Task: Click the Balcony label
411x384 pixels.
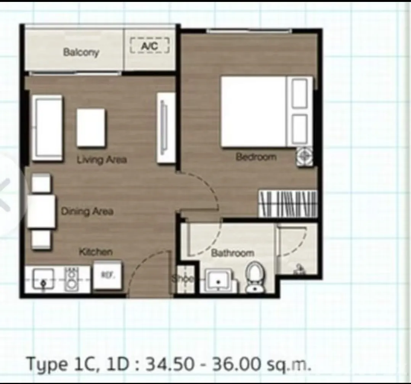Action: (81, 52)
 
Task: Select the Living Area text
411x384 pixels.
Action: (102, 160)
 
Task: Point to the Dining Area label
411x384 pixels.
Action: (87, 211)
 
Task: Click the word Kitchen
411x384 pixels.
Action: (96, 252)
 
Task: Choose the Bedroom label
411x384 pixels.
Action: (256, 157)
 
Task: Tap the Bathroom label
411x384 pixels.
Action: (233, 253)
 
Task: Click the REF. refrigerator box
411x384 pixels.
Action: (108, 275)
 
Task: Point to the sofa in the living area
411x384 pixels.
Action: (47, 128)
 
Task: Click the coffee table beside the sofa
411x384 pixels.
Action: (91, 128)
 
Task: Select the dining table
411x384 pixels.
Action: (42, 211)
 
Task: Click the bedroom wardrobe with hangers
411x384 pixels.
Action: (288, 204)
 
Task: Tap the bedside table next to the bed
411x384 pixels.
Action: (305, 157)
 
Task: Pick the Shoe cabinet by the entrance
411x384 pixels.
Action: (185, 279)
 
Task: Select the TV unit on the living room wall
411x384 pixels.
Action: (166, 128)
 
